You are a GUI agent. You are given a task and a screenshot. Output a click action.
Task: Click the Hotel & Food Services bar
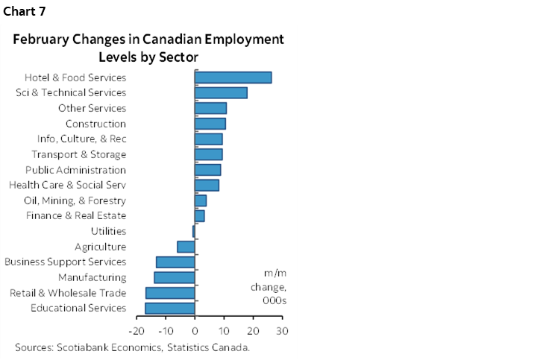233,78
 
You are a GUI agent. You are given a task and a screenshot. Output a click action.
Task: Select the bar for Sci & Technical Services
221,92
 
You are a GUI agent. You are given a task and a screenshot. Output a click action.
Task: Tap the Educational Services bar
170,308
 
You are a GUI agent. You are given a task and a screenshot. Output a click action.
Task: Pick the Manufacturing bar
175,277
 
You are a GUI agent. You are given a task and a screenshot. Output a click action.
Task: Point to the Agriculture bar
186,247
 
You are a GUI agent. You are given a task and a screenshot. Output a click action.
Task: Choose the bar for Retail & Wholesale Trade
170,293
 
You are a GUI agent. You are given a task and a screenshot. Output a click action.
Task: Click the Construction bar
210,124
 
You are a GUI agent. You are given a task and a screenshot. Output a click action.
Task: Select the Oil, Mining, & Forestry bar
200,200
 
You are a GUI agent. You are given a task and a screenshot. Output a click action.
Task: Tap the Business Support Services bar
175,262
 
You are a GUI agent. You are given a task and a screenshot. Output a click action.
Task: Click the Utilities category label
107,231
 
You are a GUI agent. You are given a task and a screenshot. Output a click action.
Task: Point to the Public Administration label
75,170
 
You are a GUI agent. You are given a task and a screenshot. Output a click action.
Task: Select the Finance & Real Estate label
75,216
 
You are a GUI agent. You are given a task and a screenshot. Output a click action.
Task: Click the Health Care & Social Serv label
67,185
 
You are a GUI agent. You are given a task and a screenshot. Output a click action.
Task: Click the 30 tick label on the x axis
282,330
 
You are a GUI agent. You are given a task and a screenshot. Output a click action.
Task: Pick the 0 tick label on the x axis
195,330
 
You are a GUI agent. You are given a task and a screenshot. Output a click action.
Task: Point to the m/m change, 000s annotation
271,287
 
